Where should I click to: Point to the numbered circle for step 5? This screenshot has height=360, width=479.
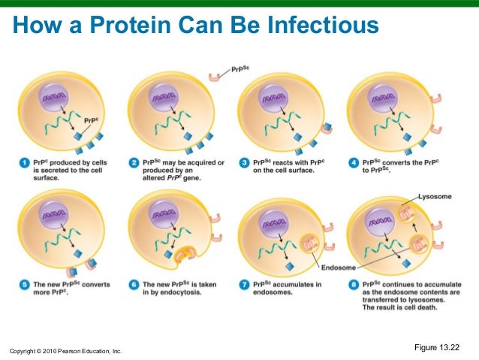point(22,285)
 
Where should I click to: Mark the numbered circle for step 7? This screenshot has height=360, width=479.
point(245,285)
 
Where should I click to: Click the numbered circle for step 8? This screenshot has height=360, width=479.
point(354,285)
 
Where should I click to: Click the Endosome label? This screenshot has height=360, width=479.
point(339,268)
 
